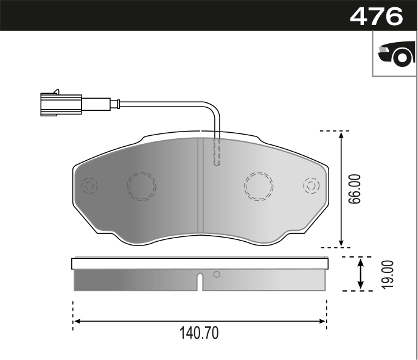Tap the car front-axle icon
395,55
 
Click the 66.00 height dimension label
355,189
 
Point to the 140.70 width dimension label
199,334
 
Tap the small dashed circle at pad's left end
89,185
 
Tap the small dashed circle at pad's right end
311,185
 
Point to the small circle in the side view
216,275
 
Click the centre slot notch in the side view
200,283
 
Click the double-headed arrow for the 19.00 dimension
361,274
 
